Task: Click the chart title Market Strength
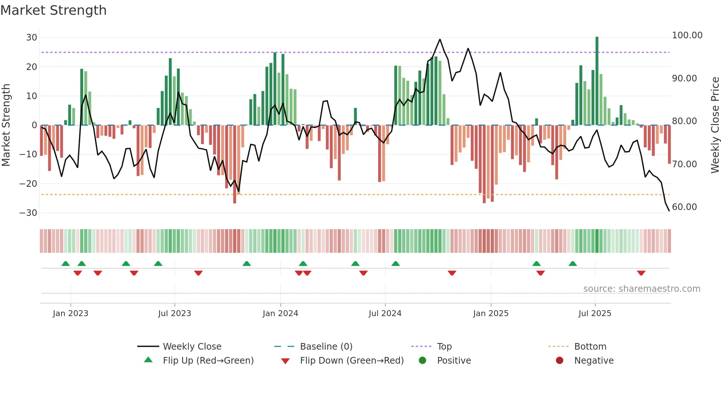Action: click(53, 10)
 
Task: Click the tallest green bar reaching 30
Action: click(597, 81)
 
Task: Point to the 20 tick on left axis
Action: click(31, 67)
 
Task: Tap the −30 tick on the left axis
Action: click(28, 213)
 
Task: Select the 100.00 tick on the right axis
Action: click(687, 35)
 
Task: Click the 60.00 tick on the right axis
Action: click(684, 207)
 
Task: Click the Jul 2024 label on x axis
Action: click(385, 314)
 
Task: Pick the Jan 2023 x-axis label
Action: click(70, 314)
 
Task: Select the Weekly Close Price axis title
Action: click(715, 125)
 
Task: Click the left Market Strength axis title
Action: click(6, 125)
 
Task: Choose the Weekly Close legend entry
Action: click(192, 347)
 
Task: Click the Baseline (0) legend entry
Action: click(326, 347)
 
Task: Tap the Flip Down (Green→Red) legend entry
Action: click(351, 361)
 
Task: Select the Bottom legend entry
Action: click(590, 347)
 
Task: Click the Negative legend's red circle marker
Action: click(560, 361)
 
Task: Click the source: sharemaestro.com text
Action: click(642, 289)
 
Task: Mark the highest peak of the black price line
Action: click(440, 39)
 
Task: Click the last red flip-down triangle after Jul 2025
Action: click(641, 273)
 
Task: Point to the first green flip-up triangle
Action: click(65, 263)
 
